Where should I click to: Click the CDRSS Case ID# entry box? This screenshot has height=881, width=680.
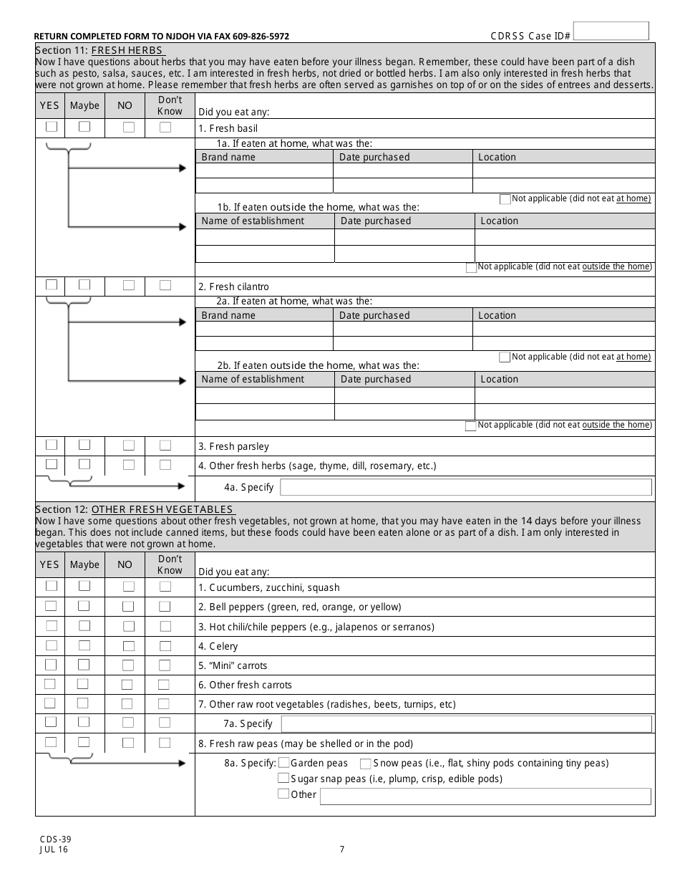pos(611,31)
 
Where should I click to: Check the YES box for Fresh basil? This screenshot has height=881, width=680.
pos(52,127)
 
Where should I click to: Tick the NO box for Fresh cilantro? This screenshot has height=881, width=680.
pos(129,285)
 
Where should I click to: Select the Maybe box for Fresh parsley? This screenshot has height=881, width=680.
pos(84,445)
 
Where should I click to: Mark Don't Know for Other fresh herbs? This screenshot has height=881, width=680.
pos(165,464)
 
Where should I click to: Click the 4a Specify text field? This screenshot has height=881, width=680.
pos(465,488)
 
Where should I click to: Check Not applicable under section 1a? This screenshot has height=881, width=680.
pos(505,198)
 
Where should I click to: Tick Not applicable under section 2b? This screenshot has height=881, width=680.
pos(471,425)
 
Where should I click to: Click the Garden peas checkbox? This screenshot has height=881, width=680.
pos(284,764)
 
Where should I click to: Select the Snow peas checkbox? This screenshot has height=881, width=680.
pos(366,764)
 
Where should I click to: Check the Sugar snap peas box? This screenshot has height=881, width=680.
pos(284,779)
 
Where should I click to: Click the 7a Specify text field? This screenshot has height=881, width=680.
pos(466,724)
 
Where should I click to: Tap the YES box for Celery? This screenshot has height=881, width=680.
pos(52,645)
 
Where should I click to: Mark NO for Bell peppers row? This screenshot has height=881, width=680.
pos(129,606)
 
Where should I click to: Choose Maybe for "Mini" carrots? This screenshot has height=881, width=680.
pos(84,664)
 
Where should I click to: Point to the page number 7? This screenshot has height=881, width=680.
pos(342,850)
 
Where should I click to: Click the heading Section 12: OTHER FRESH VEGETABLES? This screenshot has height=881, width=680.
pos(135,509)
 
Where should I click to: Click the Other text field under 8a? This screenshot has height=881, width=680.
pos(485,796)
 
